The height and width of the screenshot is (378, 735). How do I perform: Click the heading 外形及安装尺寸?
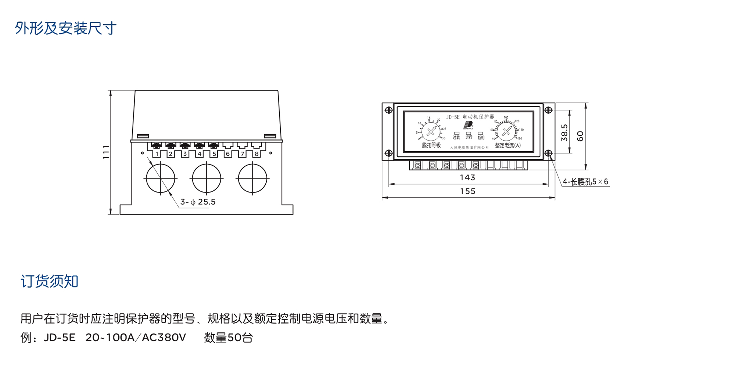pos(65,28)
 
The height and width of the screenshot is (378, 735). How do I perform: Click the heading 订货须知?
pos(49,281)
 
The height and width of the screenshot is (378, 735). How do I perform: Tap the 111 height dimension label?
pos(106,152)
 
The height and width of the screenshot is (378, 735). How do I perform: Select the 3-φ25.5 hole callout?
pos(198,202)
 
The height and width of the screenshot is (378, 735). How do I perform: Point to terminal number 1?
pos(157,154)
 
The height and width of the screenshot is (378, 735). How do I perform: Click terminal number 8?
pos(257,154)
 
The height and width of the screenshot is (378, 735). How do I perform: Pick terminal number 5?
pos(214,154)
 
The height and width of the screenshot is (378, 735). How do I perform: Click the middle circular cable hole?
pos(207,179)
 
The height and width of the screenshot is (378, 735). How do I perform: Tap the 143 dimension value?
pos(467,177)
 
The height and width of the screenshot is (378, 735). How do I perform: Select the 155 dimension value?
pos(467,191)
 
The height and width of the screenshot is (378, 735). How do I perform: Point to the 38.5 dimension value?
pos(564,133)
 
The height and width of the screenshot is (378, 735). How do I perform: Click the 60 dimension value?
pos(580,136)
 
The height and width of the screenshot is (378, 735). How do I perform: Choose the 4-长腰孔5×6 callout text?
pos(585,182)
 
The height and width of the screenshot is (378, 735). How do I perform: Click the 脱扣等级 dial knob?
pos(431,131)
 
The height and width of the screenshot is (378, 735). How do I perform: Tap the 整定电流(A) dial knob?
pos(506,131)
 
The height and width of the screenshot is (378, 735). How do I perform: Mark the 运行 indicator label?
pos(469,137)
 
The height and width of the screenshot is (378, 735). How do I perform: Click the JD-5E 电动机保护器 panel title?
pos(470,117)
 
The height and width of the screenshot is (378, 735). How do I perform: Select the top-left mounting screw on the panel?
pos(388,110)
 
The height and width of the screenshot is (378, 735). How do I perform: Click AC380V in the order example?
pos(164,338)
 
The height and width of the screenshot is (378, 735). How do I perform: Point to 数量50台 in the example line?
pos(228,338)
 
